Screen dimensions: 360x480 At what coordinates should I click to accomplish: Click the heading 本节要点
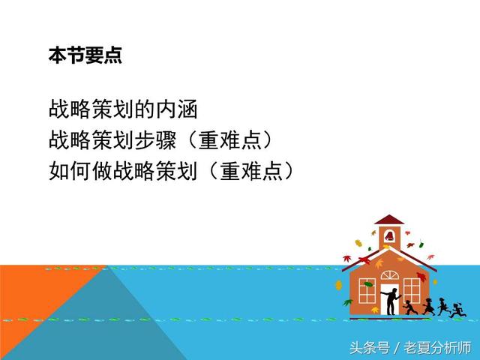point(85,55)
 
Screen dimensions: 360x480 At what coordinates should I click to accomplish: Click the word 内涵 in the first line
point(177,110)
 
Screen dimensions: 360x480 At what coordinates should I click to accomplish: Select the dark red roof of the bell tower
point(388,220)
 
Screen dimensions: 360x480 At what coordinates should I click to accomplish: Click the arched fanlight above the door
point(389,274)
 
